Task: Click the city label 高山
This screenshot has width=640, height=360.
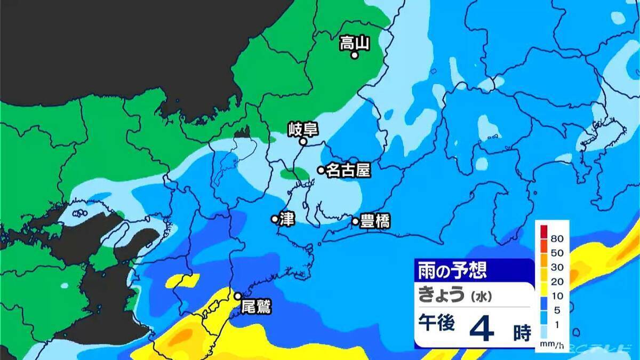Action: click(x=355, y=42)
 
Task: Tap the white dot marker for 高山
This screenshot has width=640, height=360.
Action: click(x=354, y=54)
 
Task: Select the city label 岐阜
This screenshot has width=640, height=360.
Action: click(x=302, y=129)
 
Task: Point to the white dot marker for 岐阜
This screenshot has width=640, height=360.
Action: click(x=302, y=142)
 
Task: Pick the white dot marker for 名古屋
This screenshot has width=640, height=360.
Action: click(x=321, y=170)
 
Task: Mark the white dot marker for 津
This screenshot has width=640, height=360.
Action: click(x=275, y=219)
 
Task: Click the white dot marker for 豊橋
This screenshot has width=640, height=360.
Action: click(x=355, y=221)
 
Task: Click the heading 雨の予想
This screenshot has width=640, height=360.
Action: click(x=452, y=270)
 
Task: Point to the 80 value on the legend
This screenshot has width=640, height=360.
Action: click(x=557, y=238)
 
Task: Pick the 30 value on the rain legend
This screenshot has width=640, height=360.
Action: click(x=557, y=267)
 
